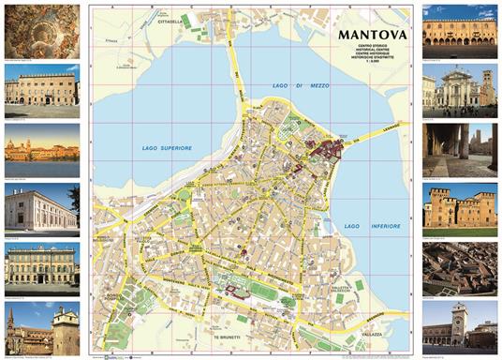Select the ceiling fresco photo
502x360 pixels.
click(41, 31)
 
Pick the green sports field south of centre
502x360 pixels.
click(267, 292)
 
